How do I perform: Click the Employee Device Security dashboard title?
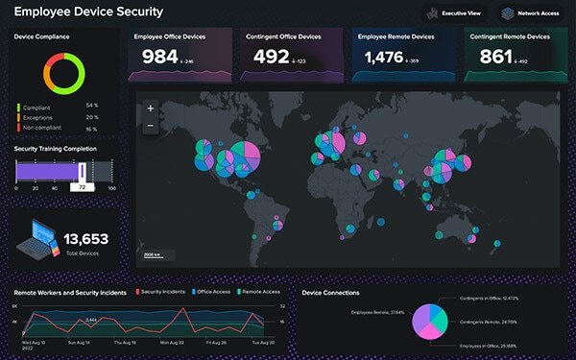point(88,12)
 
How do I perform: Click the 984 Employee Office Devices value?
point(160,58)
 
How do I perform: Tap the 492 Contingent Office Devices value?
point(271,58)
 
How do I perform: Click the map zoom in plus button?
point(151,108)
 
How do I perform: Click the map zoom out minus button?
point(151,126)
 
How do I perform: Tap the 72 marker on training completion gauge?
point(84,187)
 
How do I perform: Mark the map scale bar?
point(153,257)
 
